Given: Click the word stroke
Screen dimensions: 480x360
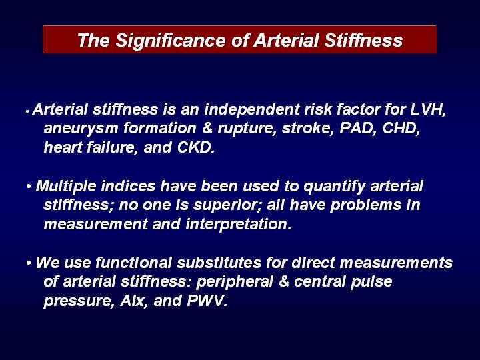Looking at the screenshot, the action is pyautogui.click(x=308, y=129).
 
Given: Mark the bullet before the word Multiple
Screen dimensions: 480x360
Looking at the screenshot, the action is pyautogui.click(x=29, y=186).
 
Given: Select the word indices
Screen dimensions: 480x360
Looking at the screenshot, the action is pyautogui.click(x=128, y=186).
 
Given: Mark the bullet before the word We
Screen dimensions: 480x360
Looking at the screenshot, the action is pyautogui.click(x=29, y=263).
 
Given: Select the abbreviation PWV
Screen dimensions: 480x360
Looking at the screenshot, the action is pyautogui.click(x=207, y=301).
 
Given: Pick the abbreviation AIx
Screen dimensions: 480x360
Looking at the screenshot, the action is pyautogui.click(x=132, y=301).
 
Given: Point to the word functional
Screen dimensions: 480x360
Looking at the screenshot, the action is pyautogui.click(x=133, y=263).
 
